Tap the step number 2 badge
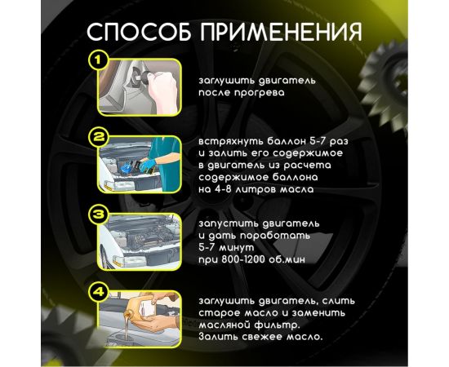[x=99, y=136]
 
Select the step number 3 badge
[x=99, y=214]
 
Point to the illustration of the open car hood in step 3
[x=144, y=240]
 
